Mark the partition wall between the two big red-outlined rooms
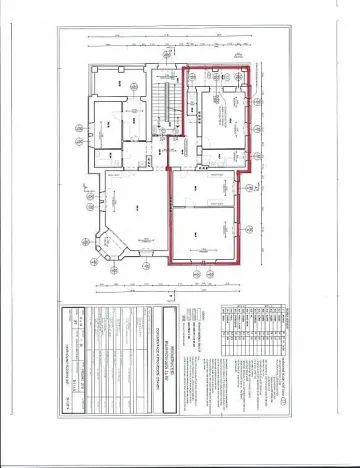206,206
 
